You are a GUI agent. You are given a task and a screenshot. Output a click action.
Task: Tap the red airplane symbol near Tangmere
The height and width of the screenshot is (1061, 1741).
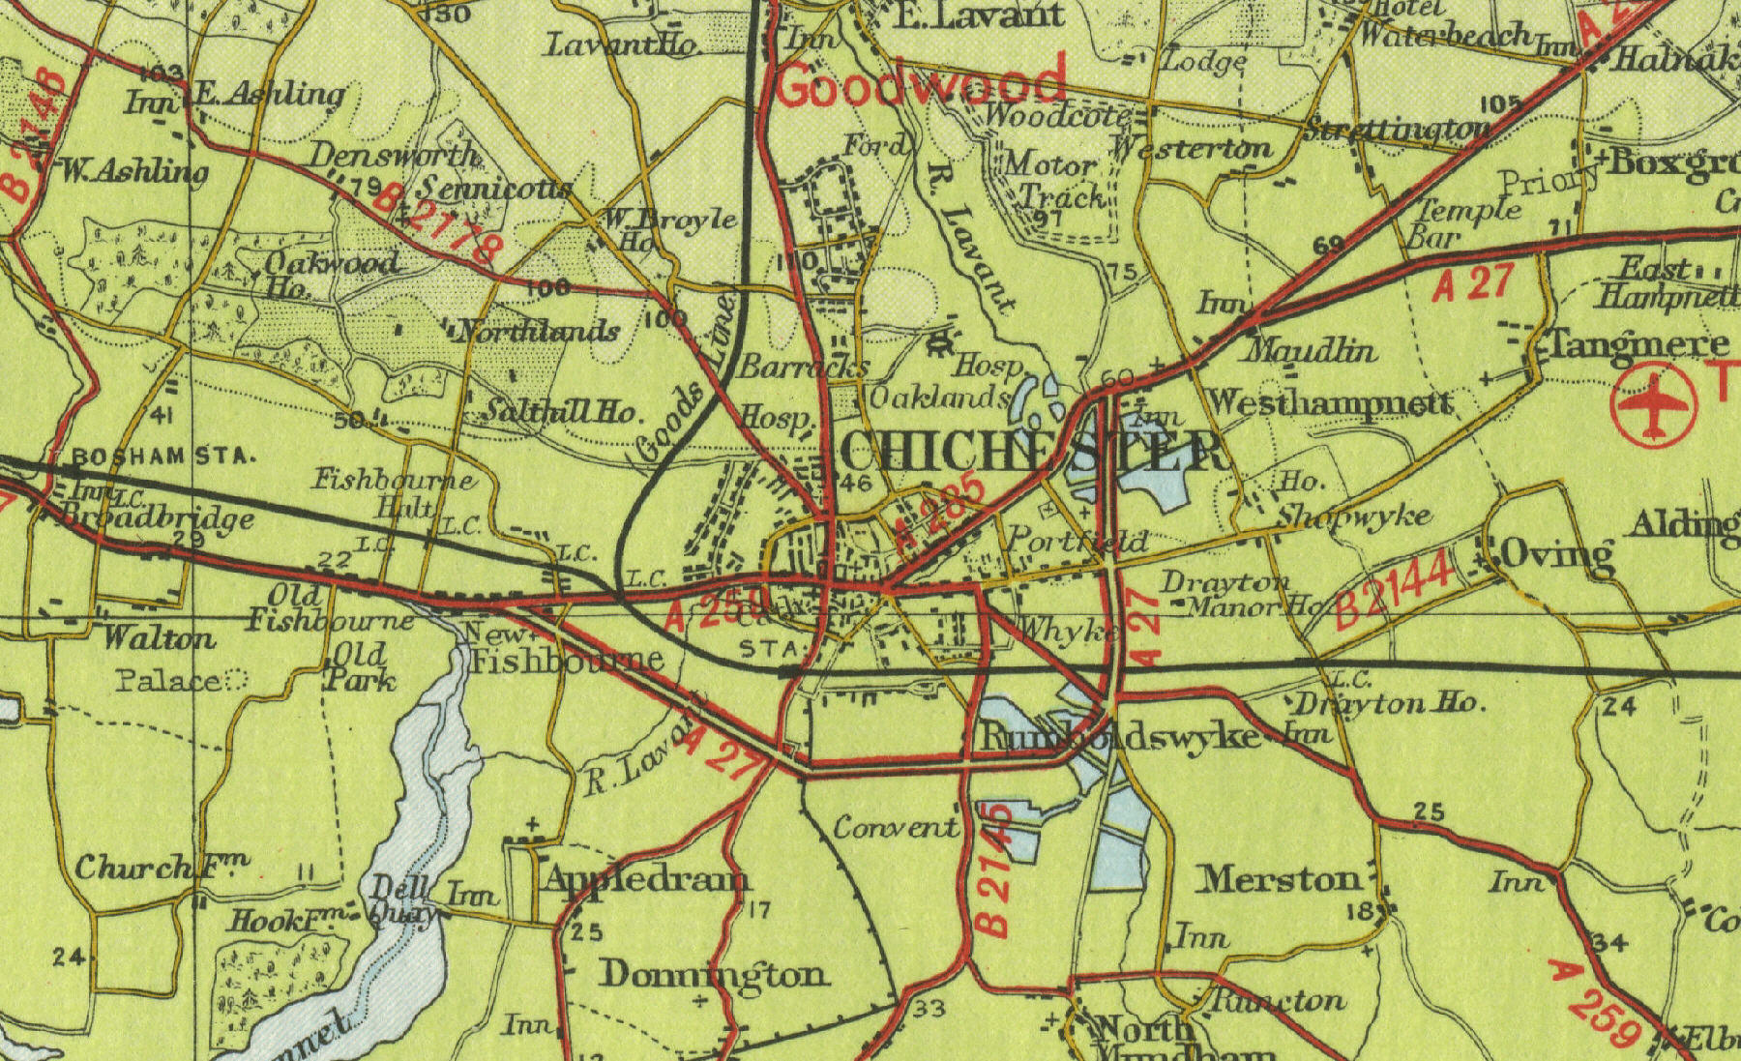(1655, 405)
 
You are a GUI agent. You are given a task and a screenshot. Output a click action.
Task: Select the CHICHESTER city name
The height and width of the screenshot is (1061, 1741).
(1031, 452)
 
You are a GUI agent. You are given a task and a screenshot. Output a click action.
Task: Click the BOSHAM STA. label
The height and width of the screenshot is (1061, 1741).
(162, 456)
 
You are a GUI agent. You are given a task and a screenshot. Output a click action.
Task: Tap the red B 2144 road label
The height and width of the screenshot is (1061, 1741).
(1394, 589)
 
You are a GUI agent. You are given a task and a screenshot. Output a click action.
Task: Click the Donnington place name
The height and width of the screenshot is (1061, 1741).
(713, 974)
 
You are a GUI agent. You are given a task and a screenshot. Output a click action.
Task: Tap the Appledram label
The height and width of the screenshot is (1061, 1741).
(646, 879)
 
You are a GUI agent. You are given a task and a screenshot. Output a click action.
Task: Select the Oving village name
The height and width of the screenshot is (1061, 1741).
(1554, 555)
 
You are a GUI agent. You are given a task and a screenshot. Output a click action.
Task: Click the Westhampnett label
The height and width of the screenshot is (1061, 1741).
(1331, 402)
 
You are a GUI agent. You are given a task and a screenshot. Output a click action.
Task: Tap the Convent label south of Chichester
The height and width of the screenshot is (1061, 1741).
(895, 828)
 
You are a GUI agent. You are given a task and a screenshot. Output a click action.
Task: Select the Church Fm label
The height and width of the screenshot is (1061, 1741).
(161, 866)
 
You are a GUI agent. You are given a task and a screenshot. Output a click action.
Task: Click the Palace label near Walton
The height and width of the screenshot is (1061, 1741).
(169, 680)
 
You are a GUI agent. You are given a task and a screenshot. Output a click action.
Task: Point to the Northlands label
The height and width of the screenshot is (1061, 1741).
(538, 332)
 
